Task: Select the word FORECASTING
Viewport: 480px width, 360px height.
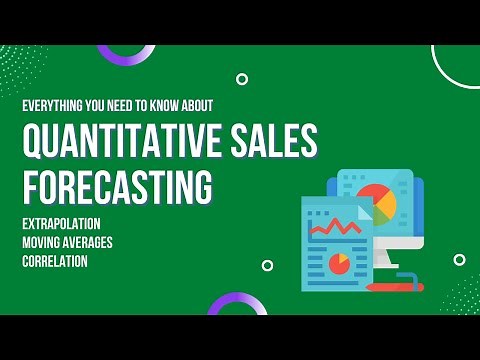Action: click(x=117, y=186)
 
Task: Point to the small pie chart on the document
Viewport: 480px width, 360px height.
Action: click(x=339, y=264)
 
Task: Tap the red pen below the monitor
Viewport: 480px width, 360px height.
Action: click(x=396, y=286)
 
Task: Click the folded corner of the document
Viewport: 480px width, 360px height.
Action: click(x=362, y=207)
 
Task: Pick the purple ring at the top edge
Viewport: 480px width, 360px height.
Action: click(x=126, y=53)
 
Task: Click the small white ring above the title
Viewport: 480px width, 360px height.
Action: click(x=242, y=79)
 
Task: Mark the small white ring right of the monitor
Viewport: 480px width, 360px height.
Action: click(x=459, y=260)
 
